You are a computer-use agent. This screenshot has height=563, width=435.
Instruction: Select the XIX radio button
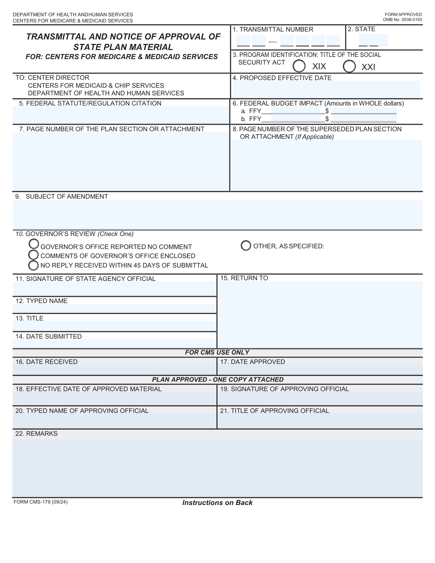click(299, 66)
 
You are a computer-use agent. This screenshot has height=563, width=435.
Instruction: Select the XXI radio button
click(349, 66)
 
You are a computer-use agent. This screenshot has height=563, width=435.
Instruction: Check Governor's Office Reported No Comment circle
click(34, 244)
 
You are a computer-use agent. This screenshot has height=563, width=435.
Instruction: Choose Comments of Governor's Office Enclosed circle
click(34, 255)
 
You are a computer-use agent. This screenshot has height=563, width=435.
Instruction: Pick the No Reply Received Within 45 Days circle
click(34, 265)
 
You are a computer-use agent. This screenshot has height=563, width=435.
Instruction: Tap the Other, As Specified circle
click(246, 246)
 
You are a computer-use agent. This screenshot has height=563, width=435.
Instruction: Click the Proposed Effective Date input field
click(326, 89)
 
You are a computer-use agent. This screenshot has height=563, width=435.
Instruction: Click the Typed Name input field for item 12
click(115, 309)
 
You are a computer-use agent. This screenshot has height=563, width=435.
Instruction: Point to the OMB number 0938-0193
click(402, 20)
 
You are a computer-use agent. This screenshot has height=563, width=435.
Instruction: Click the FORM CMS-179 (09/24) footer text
click(40, 502)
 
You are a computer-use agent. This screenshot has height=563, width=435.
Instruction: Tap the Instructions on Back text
click(217, 503)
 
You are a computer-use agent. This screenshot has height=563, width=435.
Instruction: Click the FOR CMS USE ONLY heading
click(217, 352)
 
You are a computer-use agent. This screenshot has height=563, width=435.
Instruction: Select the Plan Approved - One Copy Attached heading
click(217, 380)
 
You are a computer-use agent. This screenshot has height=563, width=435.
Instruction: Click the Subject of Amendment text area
click(217, 215)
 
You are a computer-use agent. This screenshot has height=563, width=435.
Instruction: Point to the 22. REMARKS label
click(36, 434)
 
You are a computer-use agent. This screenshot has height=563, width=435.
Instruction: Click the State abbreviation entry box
click(373, 40)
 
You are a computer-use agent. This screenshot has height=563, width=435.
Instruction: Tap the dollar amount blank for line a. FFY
click(363, 111)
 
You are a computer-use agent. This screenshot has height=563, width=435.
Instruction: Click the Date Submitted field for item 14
click(115, 344)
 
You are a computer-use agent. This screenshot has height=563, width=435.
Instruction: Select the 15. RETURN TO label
click(244, 278)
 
